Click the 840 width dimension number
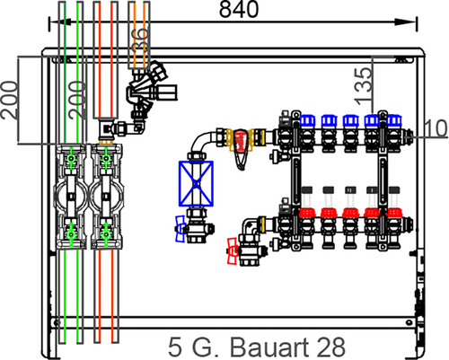click(x=239, y=10)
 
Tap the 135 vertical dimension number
click(x=363, y=87)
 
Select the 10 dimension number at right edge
click(x=436, y=128)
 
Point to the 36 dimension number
click(x=140, y=40)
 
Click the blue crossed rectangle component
click(x=196, y=184)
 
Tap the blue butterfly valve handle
click(x=180, y=229)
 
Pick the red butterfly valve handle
click(x=233, y=251)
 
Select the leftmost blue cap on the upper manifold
click(x=308, y=120)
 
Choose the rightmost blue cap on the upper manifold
click(x=394, y=120)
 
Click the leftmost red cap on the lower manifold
click(x=308, y=213)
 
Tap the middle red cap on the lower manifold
click(x=350, y=213)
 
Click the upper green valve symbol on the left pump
click(x=71, y=158)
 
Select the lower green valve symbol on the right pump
click(x=106, y=234)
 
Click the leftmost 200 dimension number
click(x=10, y=101)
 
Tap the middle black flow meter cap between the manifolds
click(x=350, y=190)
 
